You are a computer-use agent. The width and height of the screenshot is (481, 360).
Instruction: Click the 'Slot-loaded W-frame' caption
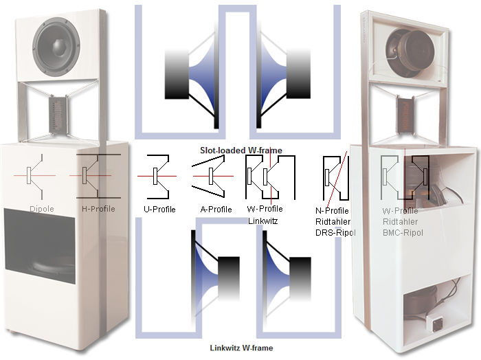240,150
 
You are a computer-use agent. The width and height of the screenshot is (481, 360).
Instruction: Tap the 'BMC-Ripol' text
403,232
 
